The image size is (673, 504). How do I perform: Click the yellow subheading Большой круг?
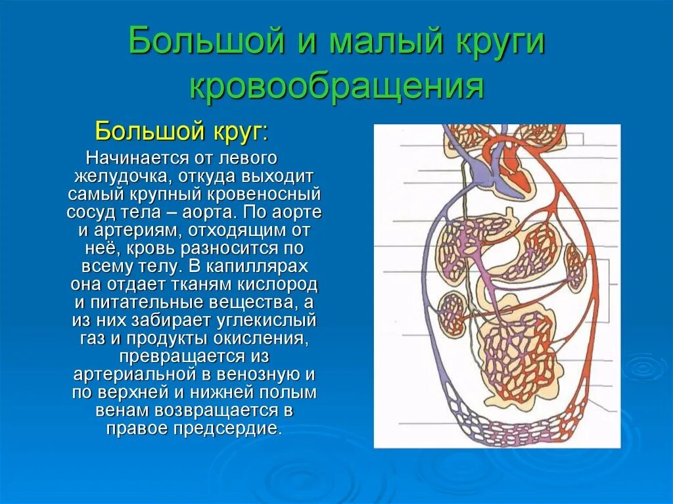[x=181, y=131]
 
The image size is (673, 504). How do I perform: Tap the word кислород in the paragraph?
[x=281, y=285]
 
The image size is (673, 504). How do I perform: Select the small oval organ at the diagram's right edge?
[x=576, y=268]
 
